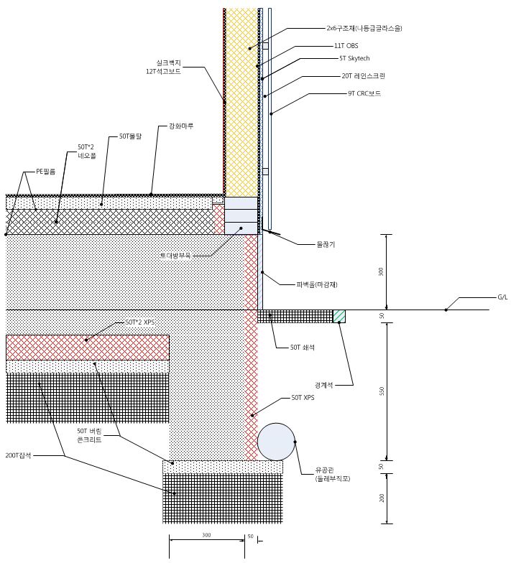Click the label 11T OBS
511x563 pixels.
point(346,45)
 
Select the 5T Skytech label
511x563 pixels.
point(354,58)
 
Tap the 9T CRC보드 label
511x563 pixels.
point(364,93)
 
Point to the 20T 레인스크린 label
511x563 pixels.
point(363,75)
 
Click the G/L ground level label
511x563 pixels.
point(502,297)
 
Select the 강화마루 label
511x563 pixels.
point(181,126)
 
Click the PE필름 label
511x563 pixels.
point(45,172)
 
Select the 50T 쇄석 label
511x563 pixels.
point(303,348)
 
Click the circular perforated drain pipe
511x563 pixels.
point(277,441)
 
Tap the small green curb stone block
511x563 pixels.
point(339,316)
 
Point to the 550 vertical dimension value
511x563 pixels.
point(382,391)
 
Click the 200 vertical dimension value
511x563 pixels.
point(382,498)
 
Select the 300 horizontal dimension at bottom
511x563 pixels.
point(206,536)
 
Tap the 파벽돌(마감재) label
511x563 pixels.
point(317,284)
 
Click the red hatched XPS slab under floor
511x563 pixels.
point(88,348)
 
